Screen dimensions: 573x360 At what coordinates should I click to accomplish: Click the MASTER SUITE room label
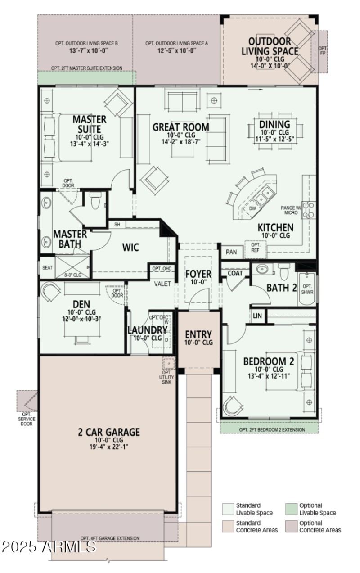90,125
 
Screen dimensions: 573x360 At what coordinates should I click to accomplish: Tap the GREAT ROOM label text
180,127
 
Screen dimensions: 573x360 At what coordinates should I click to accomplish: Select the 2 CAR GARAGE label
109,432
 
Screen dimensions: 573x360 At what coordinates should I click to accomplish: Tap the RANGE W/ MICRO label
290,210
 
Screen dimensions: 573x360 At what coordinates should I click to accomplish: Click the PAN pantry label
231,252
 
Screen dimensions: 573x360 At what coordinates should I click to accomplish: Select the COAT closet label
235,273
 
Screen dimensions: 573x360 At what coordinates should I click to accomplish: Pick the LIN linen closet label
257,316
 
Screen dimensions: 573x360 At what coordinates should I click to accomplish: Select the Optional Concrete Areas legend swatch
292,527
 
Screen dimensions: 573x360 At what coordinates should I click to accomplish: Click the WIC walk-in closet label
130,247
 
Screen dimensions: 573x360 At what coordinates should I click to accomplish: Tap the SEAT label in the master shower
47,267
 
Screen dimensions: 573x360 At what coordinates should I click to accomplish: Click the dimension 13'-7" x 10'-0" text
86,51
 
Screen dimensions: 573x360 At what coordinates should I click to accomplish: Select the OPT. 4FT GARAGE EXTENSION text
110,538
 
